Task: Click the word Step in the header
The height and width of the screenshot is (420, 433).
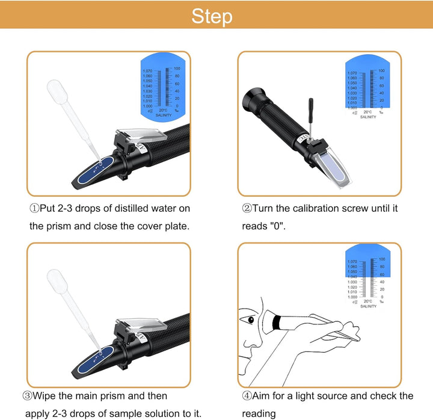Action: (212, 16)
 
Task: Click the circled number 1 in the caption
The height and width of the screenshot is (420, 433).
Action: (34, 208)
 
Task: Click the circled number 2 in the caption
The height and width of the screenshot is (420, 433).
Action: (247, 208)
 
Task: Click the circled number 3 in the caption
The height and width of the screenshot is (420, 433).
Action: (27, 395)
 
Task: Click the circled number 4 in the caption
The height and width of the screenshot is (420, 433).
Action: (247, 395)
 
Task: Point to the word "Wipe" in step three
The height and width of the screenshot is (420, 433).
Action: (46, 395)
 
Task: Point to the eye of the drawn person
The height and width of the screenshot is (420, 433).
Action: (252, 318)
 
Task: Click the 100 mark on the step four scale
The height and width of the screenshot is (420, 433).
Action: (380, 259)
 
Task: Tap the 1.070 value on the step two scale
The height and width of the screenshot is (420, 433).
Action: (352, 73)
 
